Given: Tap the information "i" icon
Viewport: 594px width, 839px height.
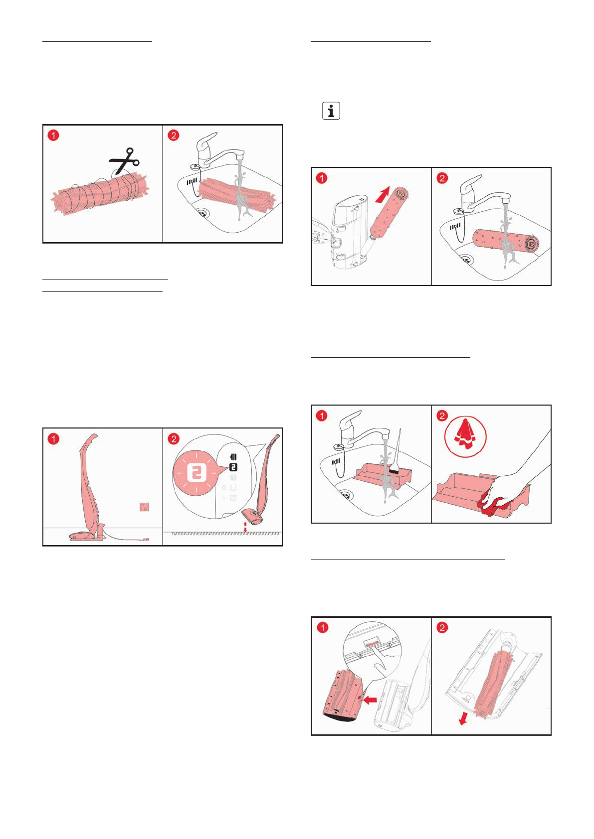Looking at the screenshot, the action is tap(331, 111).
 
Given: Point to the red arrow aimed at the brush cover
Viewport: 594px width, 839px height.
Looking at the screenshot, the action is tap(370, 699).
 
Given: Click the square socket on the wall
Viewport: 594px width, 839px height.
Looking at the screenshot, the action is tap(144, 507).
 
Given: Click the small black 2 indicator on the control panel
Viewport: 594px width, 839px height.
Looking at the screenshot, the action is tap(233, 467).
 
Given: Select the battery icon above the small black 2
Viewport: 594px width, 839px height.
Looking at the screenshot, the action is tap(233, 456).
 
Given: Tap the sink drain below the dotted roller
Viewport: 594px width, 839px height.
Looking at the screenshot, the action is tap(466, 259).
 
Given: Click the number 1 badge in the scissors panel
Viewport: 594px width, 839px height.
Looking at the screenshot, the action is tap(54, 135).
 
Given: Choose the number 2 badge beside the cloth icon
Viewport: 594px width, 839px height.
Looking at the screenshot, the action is tap(442, 416).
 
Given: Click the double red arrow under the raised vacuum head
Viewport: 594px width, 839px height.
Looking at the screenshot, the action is tap(245, 526).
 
